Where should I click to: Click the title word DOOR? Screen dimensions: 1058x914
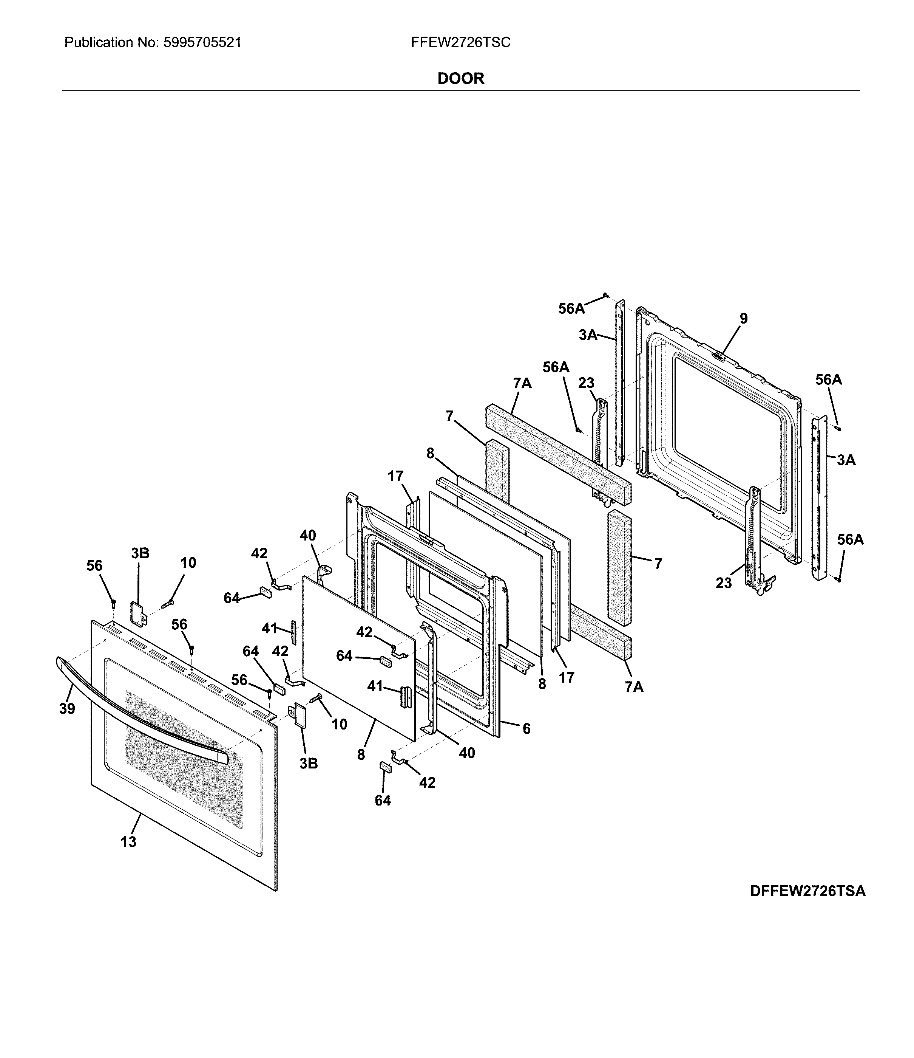point(460,78)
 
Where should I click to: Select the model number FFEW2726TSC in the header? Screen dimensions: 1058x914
point(460,42)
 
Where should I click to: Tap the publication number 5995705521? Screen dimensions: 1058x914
point(202,42)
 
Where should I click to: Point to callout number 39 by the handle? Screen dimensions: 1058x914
point(67,709)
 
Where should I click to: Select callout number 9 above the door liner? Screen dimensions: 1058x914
point(744,319)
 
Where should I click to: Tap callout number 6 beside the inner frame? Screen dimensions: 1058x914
point(526,729)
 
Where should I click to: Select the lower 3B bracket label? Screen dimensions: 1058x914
point(308,764)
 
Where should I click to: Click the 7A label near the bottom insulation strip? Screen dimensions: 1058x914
point(634,687)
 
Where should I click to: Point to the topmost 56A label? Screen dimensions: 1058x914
point(571,308)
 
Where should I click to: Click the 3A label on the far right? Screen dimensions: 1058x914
point(846,460)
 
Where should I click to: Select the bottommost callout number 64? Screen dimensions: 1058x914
point(383,801)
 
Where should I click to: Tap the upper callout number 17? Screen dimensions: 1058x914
point(395,476)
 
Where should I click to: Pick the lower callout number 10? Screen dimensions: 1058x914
point(340,724)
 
